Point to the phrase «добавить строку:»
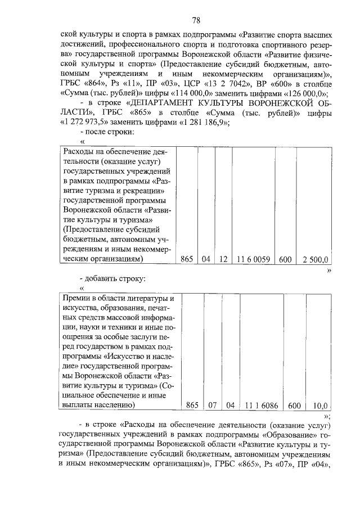point(116,278)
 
